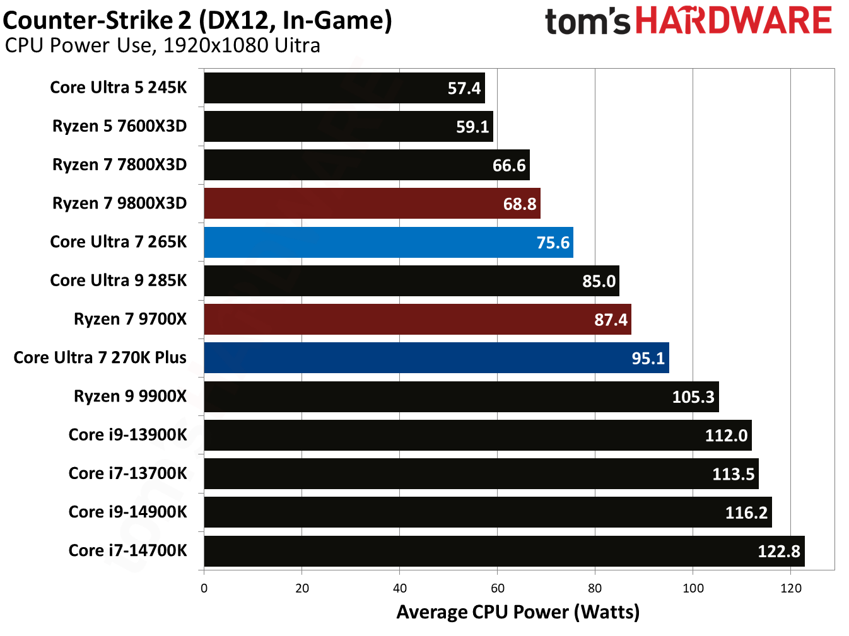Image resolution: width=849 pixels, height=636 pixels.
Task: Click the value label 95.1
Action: click(x=648, y=359)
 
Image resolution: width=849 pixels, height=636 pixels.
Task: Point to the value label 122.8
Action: click(x=778, y=552)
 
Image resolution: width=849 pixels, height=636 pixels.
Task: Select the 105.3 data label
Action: click(x=693, y=397)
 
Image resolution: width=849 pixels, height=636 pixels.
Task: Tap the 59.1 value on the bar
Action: click(x=472, y=127)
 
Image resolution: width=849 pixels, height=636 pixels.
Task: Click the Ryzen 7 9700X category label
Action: click(x=130, y=319)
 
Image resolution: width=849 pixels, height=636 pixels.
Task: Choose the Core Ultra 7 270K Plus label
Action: click(x=100, y=357)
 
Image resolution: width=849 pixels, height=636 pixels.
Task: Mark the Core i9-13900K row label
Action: click(x=127, y=435)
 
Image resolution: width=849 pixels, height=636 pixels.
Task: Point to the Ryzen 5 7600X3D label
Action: click(x=119, y=126)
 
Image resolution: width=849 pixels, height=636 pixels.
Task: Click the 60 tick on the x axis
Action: click(x=497, y=588)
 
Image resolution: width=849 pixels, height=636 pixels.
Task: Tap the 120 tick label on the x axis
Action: click(x=790, y=588)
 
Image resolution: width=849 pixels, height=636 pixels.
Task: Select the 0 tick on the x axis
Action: click(x=204, y=588)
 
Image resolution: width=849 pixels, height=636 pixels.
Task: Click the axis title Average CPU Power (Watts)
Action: click(x=518, y=612)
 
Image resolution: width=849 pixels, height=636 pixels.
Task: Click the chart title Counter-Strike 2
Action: click(x=197, y=20)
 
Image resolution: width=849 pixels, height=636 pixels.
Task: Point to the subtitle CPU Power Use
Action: click(x=162, y=46)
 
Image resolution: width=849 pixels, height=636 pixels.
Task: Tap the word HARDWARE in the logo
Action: click(x=733, y=20)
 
